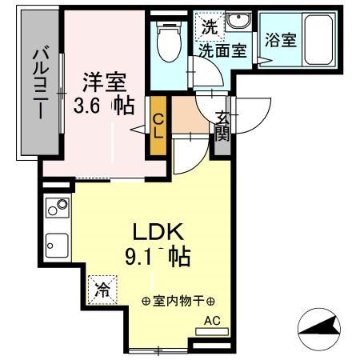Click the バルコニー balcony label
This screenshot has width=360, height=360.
[x=38, y=85]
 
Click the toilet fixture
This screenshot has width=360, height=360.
[x=169, y=44]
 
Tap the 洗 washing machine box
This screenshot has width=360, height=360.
[x=209, y=25]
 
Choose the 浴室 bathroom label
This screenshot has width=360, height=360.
[x=282, y=39]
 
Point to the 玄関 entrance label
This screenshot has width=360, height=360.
[x=222, y=125]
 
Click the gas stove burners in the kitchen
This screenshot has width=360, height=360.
[x=58, y=209]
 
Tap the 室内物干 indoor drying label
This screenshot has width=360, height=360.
[x=178, y=302]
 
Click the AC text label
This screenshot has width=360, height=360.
[x=212, y=321]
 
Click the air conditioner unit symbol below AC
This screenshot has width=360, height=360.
[x=212, y=330]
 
